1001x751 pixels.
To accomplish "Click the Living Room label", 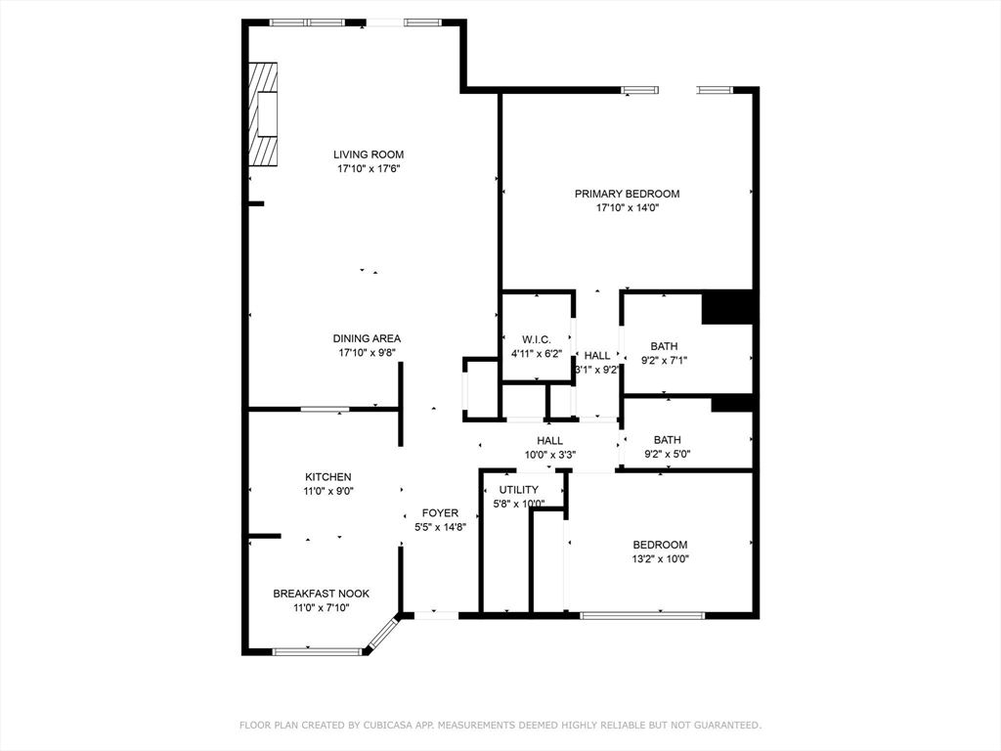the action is coord(369,154).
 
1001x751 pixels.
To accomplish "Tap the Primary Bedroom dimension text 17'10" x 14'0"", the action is coord(627,207).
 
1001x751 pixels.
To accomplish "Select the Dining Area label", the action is coord(367,338).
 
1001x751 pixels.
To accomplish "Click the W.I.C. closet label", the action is coord(537,339).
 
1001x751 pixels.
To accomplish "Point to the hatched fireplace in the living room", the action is coord(262,114).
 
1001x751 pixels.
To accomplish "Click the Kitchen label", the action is coord(328,477).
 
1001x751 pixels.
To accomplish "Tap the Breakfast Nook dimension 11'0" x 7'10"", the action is coord(321,608).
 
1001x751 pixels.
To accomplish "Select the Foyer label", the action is coord(440,512).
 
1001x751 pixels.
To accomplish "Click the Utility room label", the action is coord(518,490).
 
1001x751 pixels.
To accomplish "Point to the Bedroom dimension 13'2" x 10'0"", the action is coord(660,558).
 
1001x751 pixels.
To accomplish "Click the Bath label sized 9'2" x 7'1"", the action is coord(664,346).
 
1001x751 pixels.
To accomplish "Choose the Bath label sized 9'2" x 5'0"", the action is coord(667,440).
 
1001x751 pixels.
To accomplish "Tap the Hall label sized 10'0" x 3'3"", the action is coord(549,441).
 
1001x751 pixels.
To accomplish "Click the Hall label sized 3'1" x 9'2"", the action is coord(597,356).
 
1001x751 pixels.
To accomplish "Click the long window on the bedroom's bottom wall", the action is coord(642,616).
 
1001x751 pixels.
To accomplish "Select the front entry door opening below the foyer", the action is coord(437,616).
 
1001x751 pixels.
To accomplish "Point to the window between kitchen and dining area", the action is coord(325,409).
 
